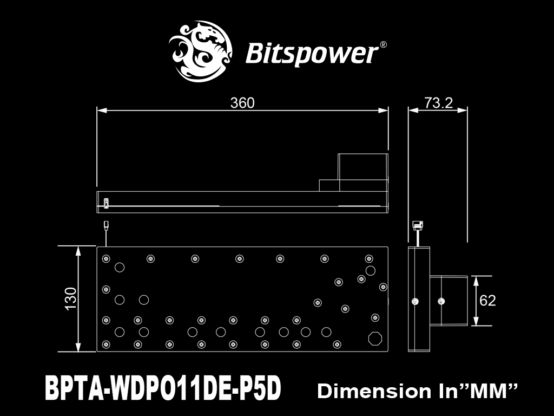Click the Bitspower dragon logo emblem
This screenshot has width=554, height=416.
[x=200, y=51]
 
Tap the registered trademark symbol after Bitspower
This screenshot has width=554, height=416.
[x=382, y=45]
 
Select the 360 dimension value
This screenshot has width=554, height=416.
[x=242, y=102]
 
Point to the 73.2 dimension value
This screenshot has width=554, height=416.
[x=438, y=102]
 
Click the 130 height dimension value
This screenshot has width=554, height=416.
[x=71, y=298]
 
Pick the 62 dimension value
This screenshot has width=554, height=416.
[x=487, y=300]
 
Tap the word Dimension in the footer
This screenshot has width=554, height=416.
[x=374, y=391]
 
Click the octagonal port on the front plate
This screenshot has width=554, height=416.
[x=375, y=339]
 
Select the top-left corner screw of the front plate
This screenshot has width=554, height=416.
[x=106, y=258]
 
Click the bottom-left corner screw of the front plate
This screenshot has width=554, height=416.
[x=106, y=344]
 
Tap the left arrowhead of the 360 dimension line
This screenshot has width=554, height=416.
[x=102, y=110]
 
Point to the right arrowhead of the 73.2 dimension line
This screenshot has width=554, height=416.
[x=463, y=110]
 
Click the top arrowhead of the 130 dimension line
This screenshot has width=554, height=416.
[x=78, y=251]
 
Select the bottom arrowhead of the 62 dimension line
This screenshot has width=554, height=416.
[x=476, y=321]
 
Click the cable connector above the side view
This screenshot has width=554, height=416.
[x=418, y=225]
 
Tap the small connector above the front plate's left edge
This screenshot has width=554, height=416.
[x=106, y=225]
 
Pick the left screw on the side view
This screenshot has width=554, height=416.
[x=415, y=301]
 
